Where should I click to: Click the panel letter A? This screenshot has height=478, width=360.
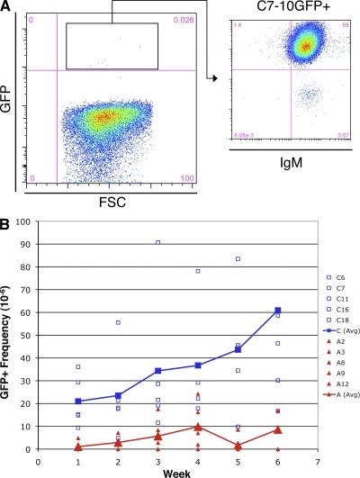click(x=7, y=7)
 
